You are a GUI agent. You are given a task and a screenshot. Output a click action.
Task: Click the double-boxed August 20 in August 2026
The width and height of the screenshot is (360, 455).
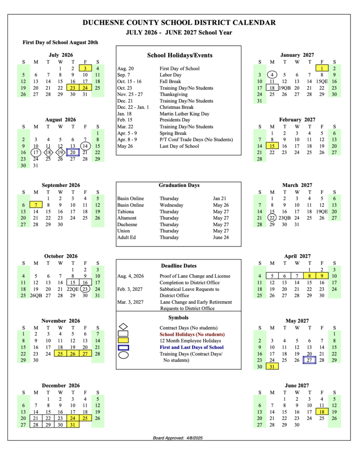click(73, 152)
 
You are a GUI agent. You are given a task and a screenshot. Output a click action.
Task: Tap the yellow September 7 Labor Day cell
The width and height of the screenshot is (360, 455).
click(36, 205)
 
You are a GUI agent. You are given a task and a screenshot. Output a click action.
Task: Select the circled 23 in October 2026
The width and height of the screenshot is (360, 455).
click(85, 289)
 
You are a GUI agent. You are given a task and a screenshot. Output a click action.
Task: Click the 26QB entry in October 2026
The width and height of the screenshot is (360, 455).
click(36, 295)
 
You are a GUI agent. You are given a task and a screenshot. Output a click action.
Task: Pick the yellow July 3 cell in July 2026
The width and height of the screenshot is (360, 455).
click(85, 68)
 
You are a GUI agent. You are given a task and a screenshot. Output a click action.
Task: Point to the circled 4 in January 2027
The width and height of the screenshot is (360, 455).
click(272, 75)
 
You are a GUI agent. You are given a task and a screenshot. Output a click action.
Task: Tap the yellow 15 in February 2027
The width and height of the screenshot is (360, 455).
click(272, 146)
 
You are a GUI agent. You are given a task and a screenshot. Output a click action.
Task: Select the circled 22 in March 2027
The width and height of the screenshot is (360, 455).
click(272, 218)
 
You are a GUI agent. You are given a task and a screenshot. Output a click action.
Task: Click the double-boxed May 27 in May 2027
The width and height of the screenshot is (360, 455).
click(309, 360)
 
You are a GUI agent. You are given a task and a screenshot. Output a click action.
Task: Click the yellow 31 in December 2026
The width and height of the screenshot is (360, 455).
click(73, 425)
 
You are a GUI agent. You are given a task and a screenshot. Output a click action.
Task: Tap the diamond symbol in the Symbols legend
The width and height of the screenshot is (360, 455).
click(124, 327)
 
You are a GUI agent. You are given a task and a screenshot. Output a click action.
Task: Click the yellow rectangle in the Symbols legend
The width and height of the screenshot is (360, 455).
click(124, 341)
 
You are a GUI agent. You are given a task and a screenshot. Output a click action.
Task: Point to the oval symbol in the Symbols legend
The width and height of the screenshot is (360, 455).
click(124, 355)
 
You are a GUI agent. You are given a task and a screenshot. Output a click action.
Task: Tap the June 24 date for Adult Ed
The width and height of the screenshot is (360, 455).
click(221, 237)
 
